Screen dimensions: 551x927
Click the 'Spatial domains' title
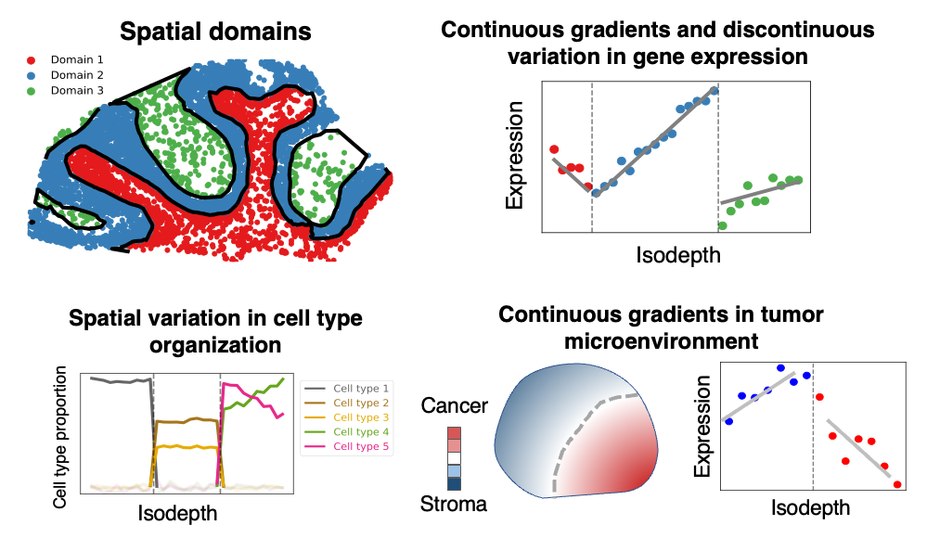(x=215, y=31)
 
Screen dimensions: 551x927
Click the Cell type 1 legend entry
(x=361, y=387)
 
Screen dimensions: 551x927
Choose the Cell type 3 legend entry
(x=361, y=417)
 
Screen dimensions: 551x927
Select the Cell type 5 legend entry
(x=361, y=448)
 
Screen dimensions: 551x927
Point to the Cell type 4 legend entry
(x=361, y=432)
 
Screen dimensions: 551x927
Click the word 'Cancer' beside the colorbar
(x=455, y=405)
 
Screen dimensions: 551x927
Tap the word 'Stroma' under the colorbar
(x=454, y=504)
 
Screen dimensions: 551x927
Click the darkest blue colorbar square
(x=455, y=483)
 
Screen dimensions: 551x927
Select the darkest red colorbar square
(x=455, y=432)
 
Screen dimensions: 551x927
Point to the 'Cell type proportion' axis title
(x=61, y=436)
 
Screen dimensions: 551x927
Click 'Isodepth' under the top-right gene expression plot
(x=678, y=254)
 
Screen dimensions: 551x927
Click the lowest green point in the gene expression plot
(x=723, y=225)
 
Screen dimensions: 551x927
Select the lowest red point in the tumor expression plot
(x=897, y=484)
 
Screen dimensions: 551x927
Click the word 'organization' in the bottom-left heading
(x=214, y=345)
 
